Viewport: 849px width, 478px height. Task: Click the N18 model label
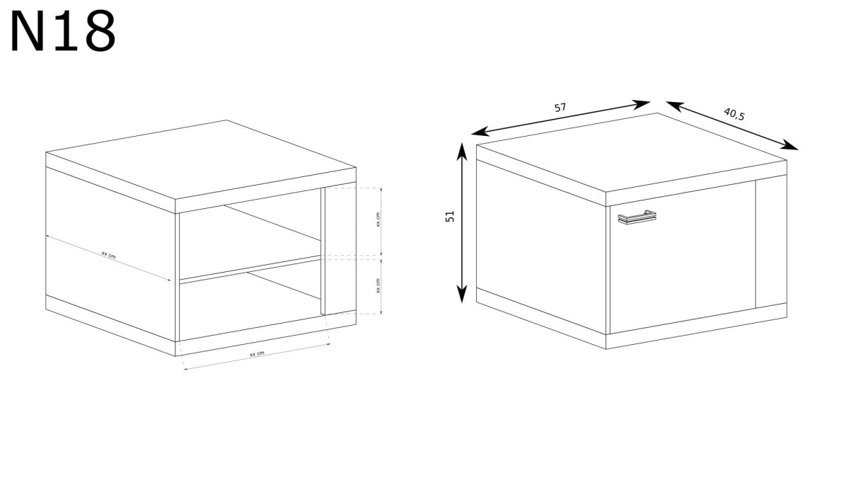click(63, 31)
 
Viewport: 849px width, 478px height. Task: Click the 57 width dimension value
click(560, 108)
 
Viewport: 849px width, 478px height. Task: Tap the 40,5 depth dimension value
click(734, 114)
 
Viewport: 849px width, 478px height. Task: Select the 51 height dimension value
click(450, 216)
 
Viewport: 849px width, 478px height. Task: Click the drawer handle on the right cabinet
click(637, 217)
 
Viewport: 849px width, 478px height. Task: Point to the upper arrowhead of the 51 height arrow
click(461, 151)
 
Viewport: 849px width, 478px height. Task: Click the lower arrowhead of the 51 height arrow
click(461, 295)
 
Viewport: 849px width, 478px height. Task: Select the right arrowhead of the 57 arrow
click(641, 104)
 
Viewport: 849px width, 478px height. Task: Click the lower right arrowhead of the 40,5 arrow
click(790, 145)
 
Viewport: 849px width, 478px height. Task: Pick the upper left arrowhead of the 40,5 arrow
click(675, 106)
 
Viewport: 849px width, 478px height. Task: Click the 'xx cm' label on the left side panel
click(108, 254)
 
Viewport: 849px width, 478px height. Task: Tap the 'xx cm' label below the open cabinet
click(257, 354)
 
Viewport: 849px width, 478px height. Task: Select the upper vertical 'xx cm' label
click(378, 220)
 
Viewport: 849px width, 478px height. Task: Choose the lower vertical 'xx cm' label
click(378, 285)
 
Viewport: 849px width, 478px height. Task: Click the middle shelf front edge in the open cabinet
click(250, 270)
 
